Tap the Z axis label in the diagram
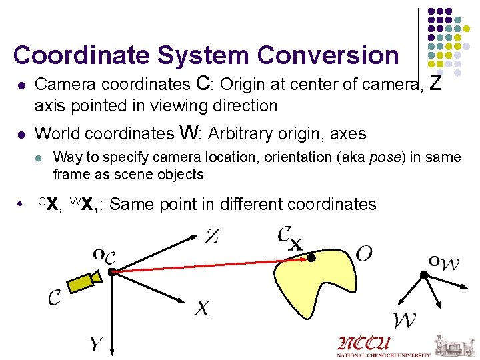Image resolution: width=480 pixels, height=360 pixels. click(211, 236)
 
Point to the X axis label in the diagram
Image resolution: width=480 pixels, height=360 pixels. click(202, 308)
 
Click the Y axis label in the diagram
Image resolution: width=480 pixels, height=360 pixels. click(97, 344)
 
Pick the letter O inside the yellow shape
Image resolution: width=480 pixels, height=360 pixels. click(364, 253)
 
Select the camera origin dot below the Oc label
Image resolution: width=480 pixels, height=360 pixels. click(112, 271)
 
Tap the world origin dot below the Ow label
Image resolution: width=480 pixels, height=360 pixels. click(423, 275)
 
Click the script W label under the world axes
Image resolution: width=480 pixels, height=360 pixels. click(405, 320)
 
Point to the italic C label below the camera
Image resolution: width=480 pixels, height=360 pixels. click(55, 297)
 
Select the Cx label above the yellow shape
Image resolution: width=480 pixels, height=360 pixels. click(289, 238)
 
